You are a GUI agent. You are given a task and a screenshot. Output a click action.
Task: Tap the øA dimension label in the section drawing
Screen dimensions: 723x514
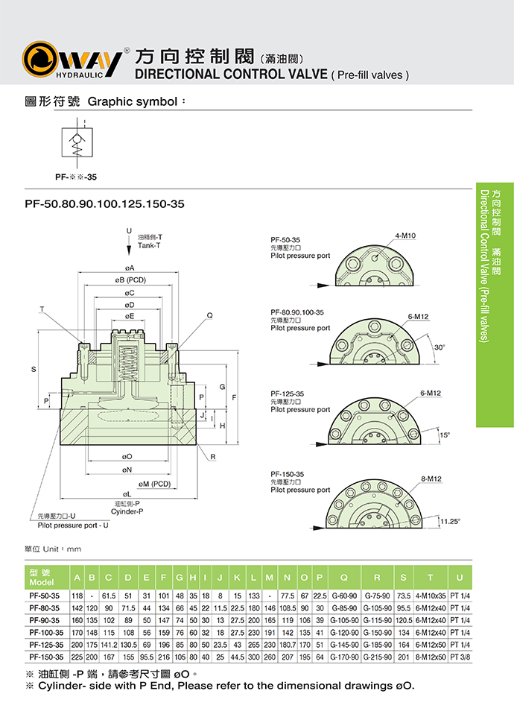[129, 267]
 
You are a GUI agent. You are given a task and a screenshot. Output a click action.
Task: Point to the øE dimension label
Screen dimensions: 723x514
[129, 316]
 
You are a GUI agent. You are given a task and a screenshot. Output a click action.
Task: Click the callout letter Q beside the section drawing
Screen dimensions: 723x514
[209, 315]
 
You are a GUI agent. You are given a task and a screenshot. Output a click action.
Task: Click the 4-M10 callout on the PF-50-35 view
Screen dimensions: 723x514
[406, 236]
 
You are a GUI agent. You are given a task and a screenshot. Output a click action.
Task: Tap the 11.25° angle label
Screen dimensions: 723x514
[450, 521]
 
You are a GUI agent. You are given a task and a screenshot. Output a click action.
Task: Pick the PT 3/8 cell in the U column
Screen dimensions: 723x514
[459, 657]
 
